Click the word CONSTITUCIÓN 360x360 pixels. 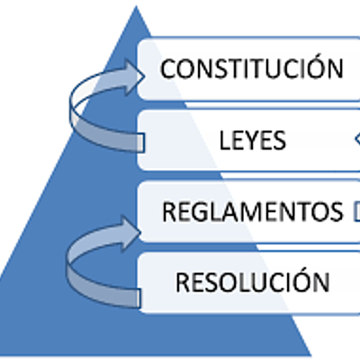click(252, 68)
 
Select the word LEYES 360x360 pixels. click(253, 140)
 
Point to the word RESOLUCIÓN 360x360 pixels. click(252, 282)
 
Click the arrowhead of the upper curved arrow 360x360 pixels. click(136, 71)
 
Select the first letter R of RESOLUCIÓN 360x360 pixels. click(182, 282)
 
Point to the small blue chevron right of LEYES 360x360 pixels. click(356, 139)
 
